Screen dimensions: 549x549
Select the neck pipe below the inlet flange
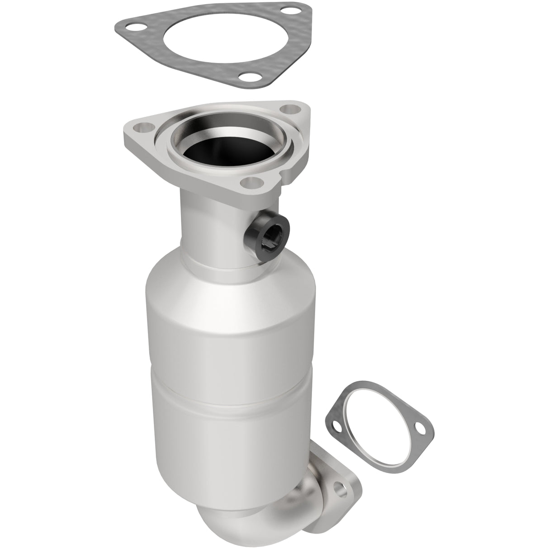(208, 226)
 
